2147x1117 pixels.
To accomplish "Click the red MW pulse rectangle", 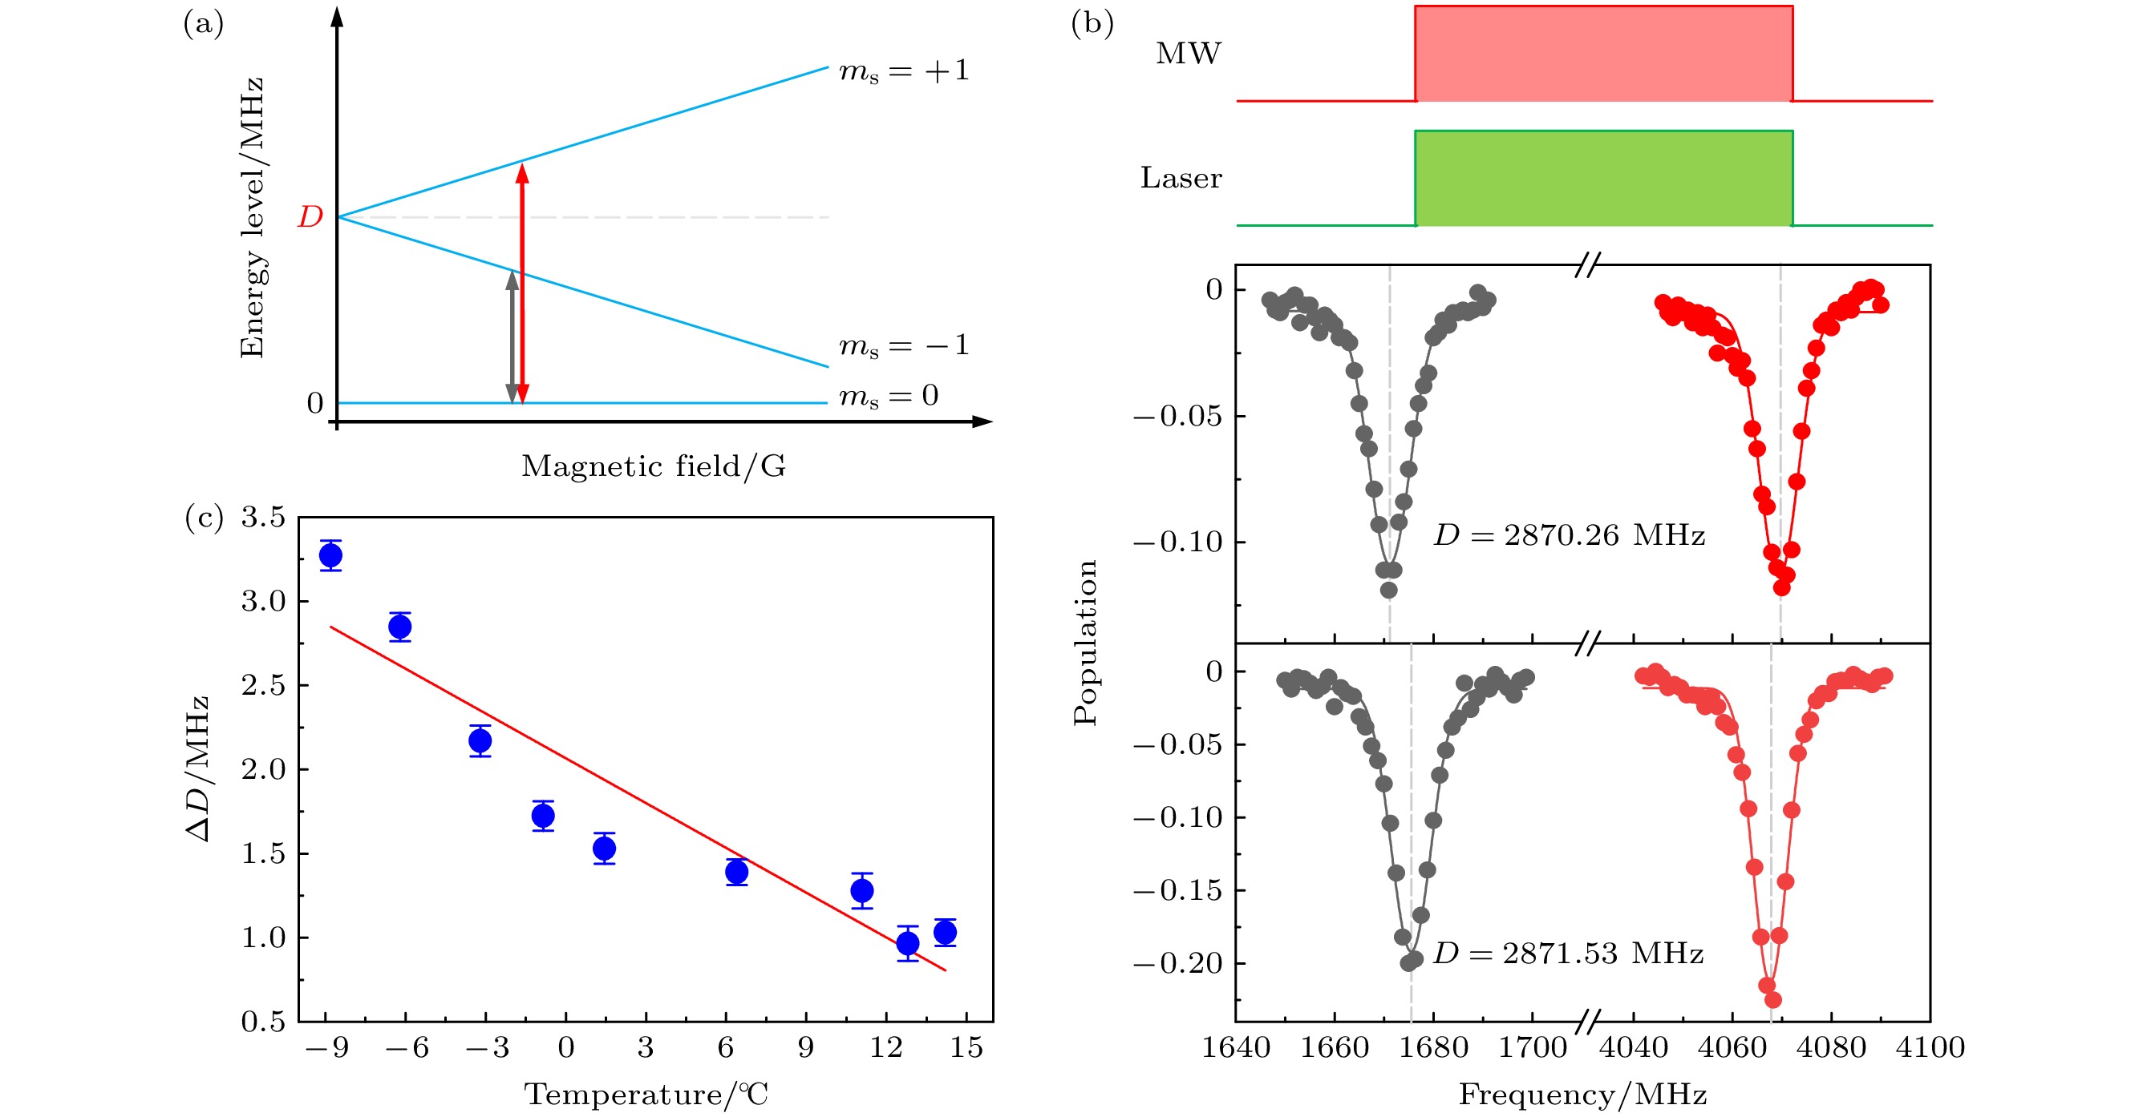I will (x=1602, y=54).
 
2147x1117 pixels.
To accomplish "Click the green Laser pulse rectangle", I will (x=1602, y=177).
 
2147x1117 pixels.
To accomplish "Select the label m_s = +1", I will (x=904, y=71).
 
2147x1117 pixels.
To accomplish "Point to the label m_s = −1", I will (x=904, y=345).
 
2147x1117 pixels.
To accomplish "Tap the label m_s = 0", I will (x=889, y=397).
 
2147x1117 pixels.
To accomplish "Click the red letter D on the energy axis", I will (x=310, y=217).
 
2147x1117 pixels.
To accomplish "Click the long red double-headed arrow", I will (x=523, y=283).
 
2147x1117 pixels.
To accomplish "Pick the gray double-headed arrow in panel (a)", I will (x=512, y=337).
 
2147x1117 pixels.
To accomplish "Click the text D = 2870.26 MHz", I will (x=1569, y=534).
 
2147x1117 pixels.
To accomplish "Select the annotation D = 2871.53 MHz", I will (x=1568, y=953).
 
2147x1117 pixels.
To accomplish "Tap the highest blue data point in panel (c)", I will (x=331, y=555).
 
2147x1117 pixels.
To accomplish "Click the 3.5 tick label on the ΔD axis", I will (x=263, y=518).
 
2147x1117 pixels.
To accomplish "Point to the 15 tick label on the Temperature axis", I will (x=966, y=1048).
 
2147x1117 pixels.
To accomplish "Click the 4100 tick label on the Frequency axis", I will (x=1930, y=1048).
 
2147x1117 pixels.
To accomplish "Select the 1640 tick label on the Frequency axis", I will (x=1235, y=1048).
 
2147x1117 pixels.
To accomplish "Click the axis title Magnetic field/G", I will (x=654, y=466).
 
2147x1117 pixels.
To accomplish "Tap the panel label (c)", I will (x=205, y=518).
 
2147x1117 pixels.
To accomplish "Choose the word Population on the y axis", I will (x=1085, y=643).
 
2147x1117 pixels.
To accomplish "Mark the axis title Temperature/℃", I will (x=646, y=1095).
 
